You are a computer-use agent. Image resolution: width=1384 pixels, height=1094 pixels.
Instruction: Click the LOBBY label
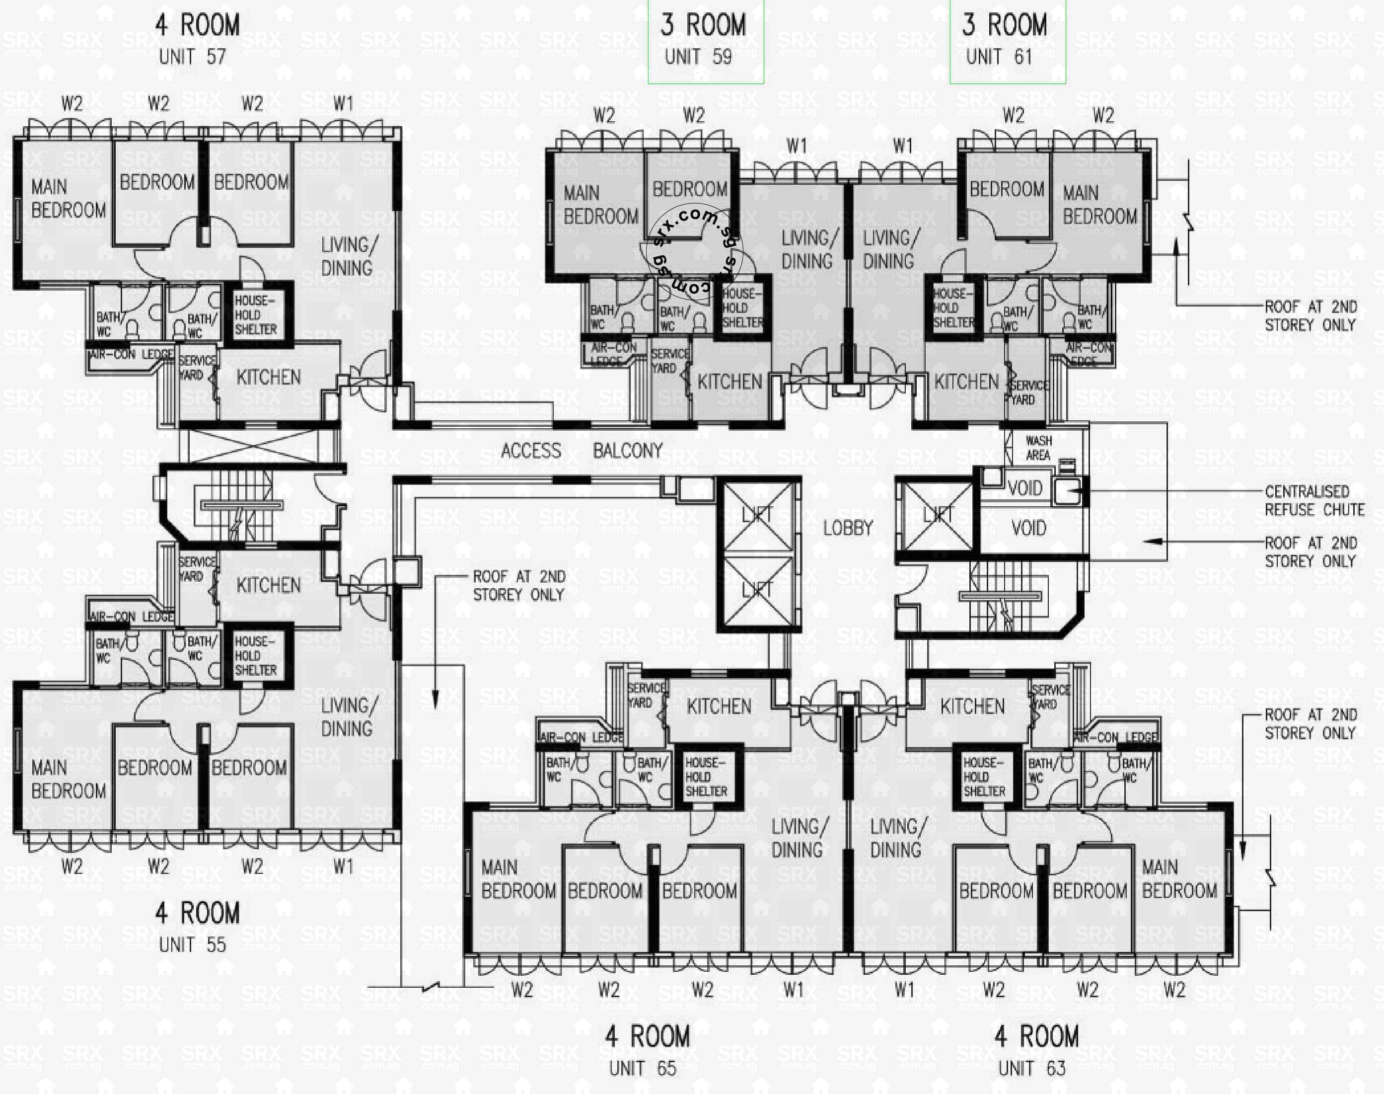[x=848, y=528]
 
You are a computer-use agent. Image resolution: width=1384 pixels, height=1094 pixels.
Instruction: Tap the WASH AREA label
[x=1038, y=448]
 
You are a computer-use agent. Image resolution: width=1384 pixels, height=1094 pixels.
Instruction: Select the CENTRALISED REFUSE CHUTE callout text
[x=1313, y=500]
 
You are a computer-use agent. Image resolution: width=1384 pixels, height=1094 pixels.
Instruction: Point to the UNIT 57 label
[x=192, y=57]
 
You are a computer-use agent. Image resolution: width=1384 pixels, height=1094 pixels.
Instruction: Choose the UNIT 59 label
[x=698, y=57]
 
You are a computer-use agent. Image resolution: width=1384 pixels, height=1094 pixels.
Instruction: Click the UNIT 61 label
[x=999, y=57]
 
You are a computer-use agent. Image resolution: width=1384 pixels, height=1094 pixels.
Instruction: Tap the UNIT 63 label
[x=1031, y=1068]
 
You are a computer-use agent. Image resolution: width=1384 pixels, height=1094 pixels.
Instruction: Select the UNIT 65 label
[x=642, y=1068]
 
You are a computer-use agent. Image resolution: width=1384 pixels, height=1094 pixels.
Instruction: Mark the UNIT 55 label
[x=192, y=944]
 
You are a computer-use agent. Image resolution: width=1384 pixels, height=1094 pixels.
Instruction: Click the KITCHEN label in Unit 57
[x=268, y=377]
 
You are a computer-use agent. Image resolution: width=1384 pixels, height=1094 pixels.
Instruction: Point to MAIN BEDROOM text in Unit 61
[x=1100, y=204]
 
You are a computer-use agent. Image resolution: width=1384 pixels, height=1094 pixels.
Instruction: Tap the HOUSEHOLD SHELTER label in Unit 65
[x=706, y=777]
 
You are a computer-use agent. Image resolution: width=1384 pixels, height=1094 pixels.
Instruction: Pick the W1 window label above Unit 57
[x=343, y=102]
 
